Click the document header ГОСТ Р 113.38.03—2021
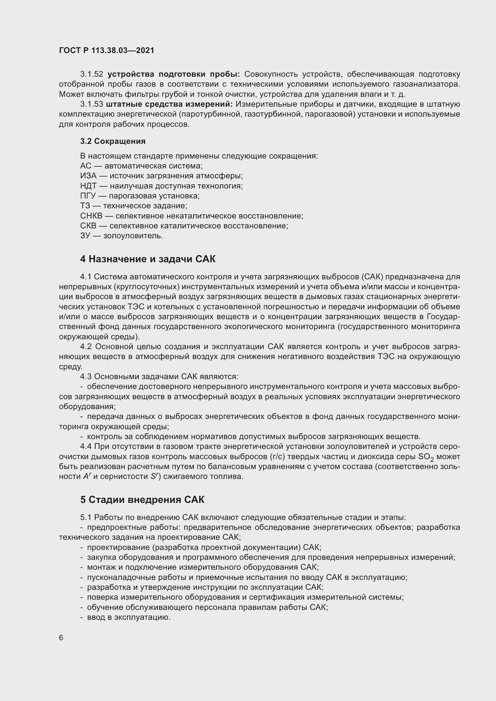point(106,51)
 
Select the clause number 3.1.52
point(92,74)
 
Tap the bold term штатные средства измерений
point(169,104)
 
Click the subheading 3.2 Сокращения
point(113,141)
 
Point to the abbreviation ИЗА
point(88,176)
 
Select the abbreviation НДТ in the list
point(88,186)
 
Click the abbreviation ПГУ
point(88,196)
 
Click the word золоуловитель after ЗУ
point(133,236)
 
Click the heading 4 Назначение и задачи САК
point(148,259)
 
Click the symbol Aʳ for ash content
point(86,477)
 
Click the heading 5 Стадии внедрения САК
point(142,500)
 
